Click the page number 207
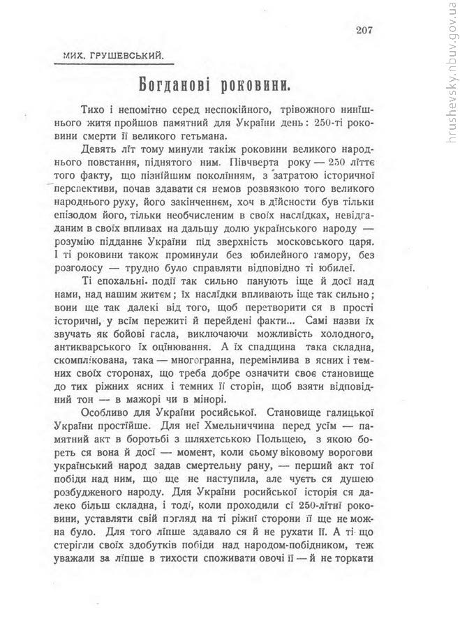pyautogui.click(x=365, y=29)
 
